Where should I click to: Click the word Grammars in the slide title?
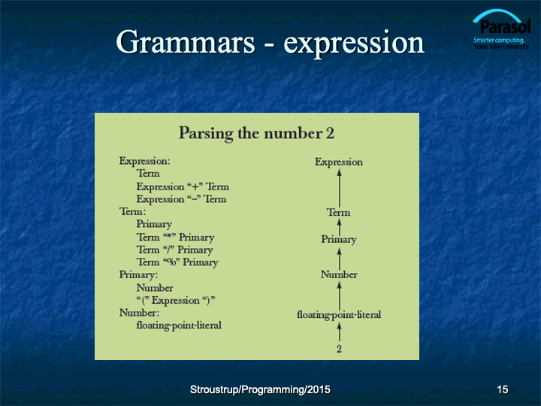[x=186, y=42]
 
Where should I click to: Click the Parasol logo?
[x=502, y=29]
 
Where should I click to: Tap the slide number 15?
[x=503, y=389]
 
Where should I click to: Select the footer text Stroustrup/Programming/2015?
[x=260, y=389]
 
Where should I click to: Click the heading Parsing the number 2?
[x=256, y=133]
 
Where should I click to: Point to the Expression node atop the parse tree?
[x=339, y=162]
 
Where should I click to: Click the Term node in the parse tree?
[x=338, y=212]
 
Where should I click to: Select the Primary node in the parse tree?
[x=339, y=240]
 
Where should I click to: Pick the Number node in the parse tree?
[x=339, y=275]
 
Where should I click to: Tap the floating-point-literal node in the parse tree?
[x=339, y=315]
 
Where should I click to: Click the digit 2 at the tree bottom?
[x=339, y=349]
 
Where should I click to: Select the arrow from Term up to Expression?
[x=340, y=188]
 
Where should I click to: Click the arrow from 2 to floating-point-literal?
[x=340, y=332]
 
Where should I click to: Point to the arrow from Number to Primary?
[x=340, y=259]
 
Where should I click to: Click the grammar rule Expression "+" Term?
[x=183, y=186]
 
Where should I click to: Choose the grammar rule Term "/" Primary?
[x=174, y=250]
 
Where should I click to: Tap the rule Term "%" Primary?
[x=177, y=262]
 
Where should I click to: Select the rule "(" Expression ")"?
[x=176, y=301]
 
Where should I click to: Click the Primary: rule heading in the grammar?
[x=138, y=275]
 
